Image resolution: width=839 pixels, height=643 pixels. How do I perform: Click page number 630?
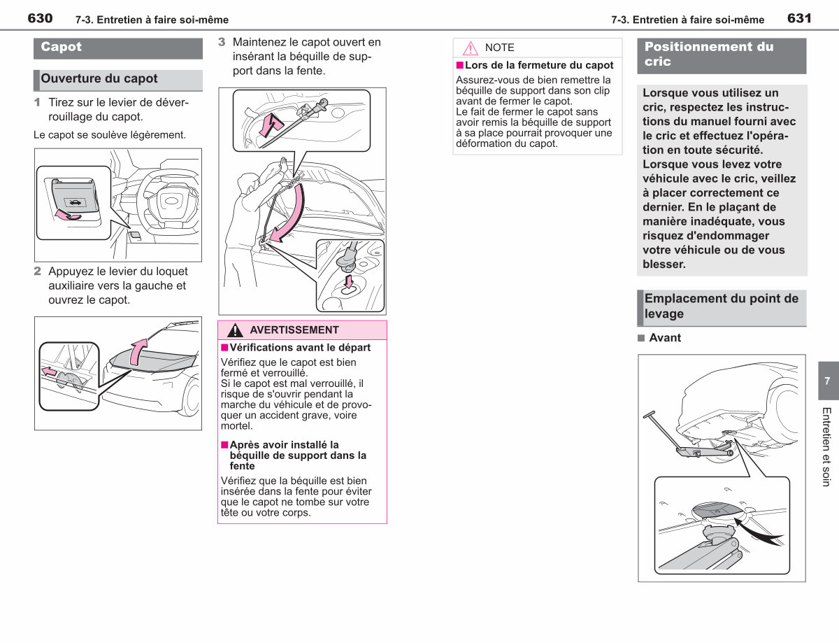point(40,18)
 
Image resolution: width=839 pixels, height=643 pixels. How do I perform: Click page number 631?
point(799,18)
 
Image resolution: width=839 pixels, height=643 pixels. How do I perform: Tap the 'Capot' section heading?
point(61,47)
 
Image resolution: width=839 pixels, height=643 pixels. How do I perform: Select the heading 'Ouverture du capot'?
point(99,78)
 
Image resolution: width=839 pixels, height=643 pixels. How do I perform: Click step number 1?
point(37,102)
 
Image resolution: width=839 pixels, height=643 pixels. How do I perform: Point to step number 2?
point(37,271)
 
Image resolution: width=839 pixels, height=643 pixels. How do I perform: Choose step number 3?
point(222,42)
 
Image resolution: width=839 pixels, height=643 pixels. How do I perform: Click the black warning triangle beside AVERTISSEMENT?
point(235,330)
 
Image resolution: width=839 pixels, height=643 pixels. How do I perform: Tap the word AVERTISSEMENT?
point(294,330)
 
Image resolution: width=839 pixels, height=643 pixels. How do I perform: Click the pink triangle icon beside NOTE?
point(471,48)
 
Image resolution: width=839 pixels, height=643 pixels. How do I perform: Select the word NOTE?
point(500,48)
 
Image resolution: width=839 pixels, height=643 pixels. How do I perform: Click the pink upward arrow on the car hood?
point(138,352)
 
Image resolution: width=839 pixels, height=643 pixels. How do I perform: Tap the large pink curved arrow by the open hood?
point(289,214)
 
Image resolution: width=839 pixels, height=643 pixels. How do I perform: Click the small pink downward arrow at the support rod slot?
point(349,281)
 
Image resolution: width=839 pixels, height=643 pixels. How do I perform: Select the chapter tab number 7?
point(827,381)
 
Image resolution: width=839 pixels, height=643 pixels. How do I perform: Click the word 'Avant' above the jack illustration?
point(665,338)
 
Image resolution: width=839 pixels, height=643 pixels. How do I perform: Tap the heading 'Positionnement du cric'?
point(709,54)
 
